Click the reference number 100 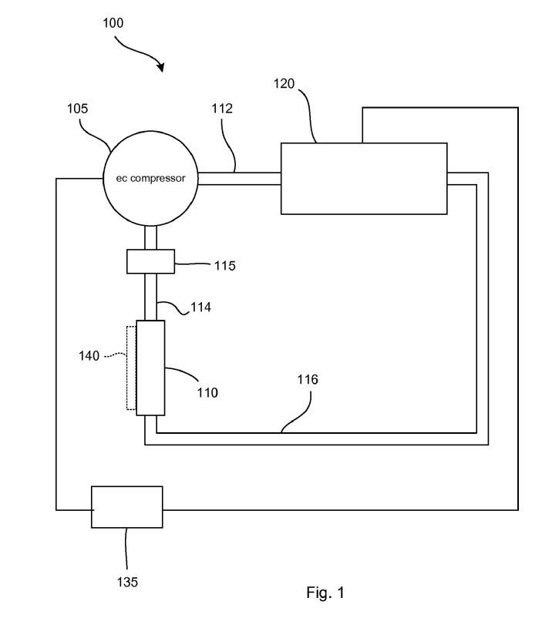point(113,23)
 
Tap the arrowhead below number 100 point(160,67)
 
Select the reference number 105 point(77,109)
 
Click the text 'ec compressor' point(150,179)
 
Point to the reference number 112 point(222,109)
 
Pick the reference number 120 point(284,83)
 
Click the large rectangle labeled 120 point(364,179)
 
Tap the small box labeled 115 point(150,261)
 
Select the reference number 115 point(225,266)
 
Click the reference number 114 point(200,307)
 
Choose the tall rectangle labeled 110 point(150,368)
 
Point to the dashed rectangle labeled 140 point(131,368)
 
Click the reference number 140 point(89,356)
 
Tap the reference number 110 point(208,392)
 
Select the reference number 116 point(308,380)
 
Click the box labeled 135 point(127,507)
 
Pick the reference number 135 point(127,582)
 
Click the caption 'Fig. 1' point(325,593)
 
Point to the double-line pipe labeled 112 point(239,179)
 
